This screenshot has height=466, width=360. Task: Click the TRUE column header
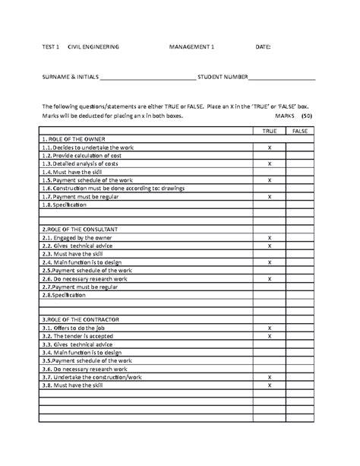pyautogui.click(x=270, y=131)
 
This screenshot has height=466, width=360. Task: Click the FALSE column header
pyautogui.click(x=301, y=131)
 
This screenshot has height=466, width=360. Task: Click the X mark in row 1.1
pyautogui.click(x=270, y=147)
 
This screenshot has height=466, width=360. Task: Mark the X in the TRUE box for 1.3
pyautogui.click(x=270, y=163)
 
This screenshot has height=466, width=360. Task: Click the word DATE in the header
pyautogui.click(x=262, y=47)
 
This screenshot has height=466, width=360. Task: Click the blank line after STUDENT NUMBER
pyautogui.click(x=282, y=78)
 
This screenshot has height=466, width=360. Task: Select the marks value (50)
pyautogui.click(x=307, y=117)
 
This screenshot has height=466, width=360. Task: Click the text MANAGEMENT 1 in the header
pyautogui.click(x=193, y=47)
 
